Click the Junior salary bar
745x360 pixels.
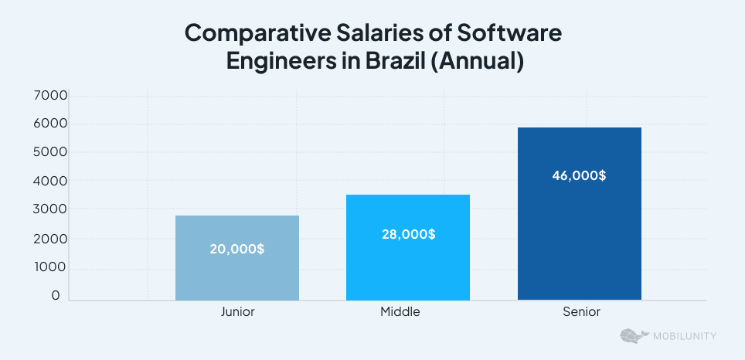pos(236,270)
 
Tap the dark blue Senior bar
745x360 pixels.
pos(579,232)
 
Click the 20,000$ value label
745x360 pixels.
pos(236,250)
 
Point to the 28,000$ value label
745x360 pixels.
pos(408,234)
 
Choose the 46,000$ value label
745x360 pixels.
pos(579,175)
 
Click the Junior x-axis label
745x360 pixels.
pos(237,312)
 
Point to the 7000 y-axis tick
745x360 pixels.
pos(52,96)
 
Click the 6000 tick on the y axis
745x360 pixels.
pos(52,124)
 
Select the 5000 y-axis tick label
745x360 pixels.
pos(52,153)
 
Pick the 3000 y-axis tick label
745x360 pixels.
pos(52,210)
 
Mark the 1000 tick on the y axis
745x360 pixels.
pos(52,267)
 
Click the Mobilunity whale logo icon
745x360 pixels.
pos(634,336)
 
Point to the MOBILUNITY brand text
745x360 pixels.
pos(685,336)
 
